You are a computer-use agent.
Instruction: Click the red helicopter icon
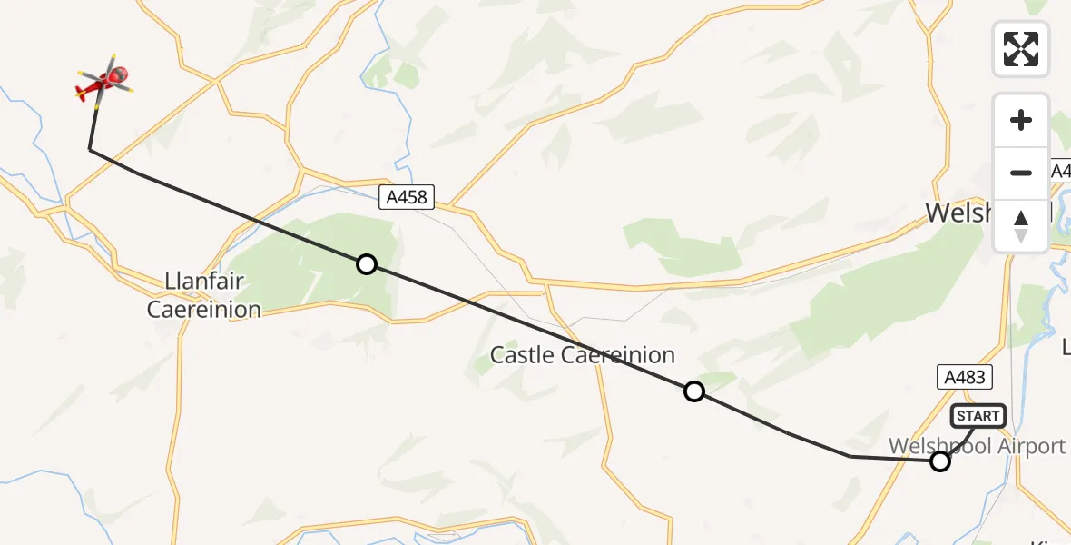(x=106, y=82)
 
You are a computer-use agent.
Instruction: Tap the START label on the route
(x=978, y=416)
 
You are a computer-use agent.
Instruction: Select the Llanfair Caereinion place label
(x=203, y=295)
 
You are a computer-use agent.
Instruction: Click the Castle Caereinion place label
(x=583, y=355)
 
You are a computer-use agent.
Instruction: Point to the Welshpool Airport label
(x=977, y=446)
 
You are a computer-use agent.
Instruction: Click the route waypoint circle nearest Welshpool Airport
(x=940, y=461)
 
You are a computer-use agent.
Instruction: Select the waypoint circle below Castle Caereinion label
(x=694, y=391)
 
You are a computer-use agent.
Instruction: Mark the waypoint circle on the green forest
(x=366, y=264)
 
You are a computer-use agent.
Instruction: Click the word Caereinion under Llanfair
(x=203, y=310)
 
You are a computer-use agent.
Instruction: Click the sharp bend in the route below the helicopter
(x=89, y=148)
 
